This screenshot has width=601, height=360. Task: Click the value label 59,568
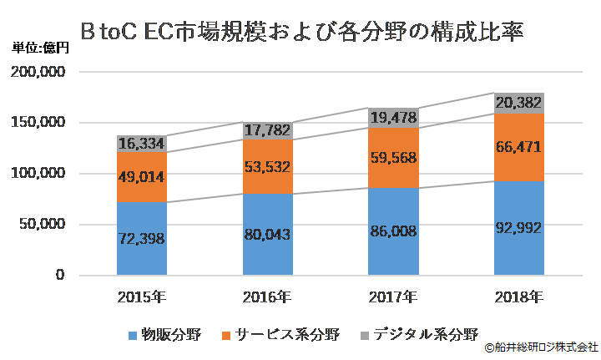coord(393,157)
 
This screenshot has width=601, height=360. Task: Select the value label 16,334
coord(141,143)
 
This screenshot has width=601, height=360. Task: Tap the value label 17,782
coord(267,130)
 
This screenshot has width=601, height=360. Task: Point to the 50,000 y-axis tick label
coord(44,224)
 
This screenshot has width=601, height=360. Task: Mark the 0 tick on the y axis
coord(61,275)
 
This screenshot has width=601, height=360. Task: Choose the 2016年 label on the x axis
coord(267,296)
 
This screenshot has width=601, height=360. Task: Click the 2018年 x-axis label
coord(519,296)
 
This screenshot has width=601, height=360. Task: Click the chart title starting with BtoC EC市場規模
coord(301,31)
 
